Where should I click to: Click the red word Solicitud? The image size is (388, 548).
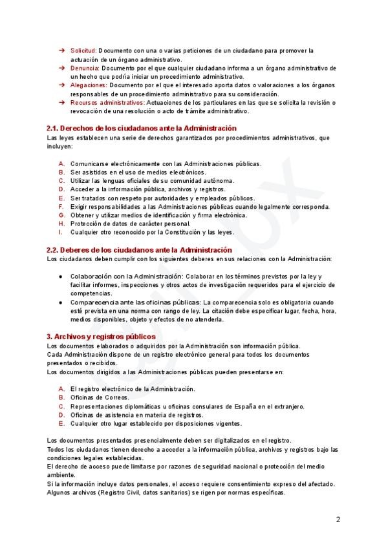tap(83, 50)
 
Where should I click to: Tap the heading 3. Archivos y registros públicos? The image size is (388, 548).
tap(100, 337)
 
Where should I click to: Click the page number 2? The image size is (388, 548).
tap(338, 519)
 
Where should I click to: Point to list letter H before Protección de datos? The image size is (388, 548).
tap(61, 223)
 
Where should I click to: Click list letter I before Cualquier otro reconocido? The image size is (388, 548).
tap(61, 231)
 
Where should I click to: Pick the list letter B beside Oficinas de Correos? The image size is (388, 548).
tap(61, 397)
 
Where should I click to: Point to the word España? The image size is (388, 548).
tap(238, 406)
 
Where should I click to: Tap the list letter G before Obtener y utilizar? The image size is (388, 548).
tap(61, 215)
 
